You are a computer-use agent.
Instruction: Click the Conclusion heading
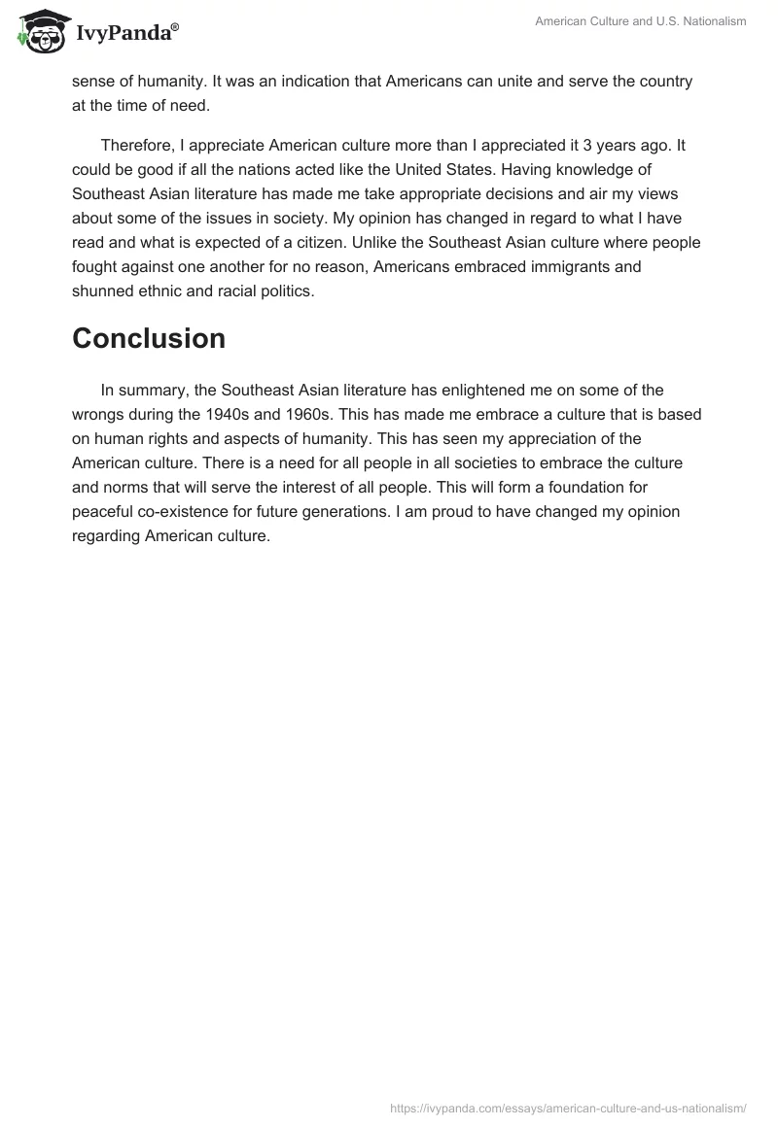click(149, 338)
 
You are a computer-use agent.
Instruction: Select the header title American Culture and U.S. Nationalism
click(641, 21)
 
